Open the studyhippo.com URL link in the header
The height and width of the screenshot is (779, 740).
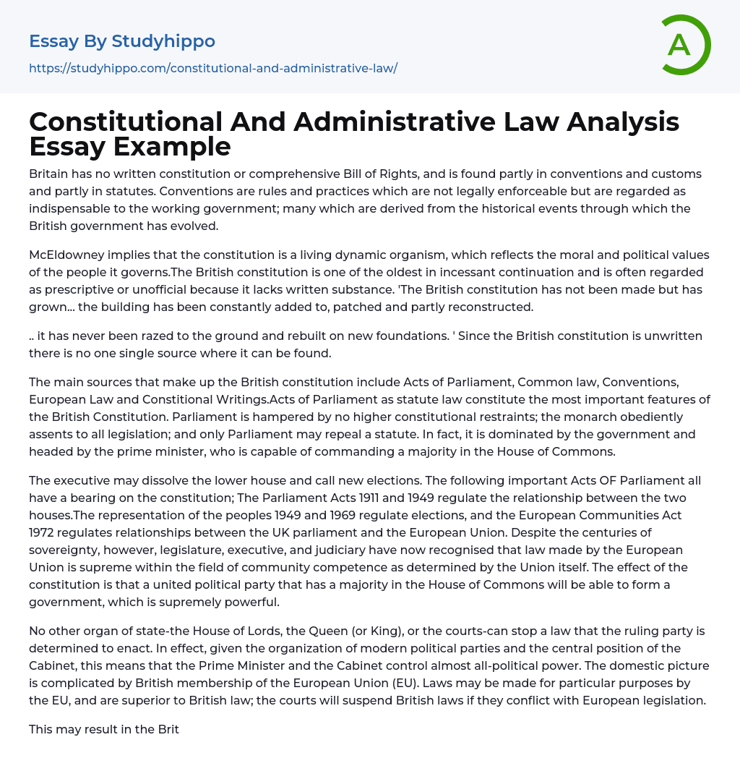(x=213, y=69)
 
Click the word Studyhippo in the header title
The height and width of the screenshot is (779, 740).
(x=163, y=41)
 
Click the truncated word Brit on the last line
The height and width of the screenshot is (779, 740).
(x=168, y=729)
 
